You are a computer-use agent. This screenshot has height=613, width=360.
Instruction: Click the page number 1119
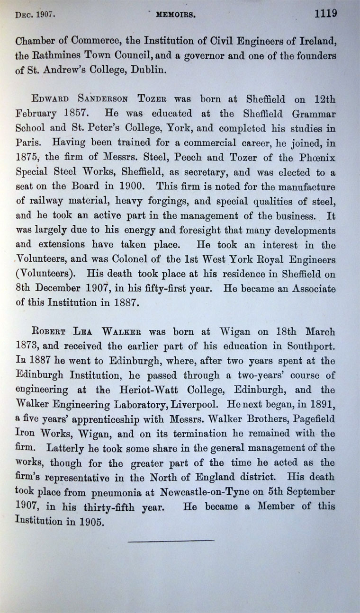click(326, 13)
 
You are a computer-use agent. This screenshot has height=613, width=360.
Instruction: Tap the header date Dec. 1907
click(36, 15)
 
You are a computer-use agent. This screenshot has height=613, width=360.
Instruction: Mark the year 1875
click(27, 156)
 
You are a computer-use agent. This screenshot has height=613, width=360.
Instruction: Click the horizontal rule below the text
click(171, 540)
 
